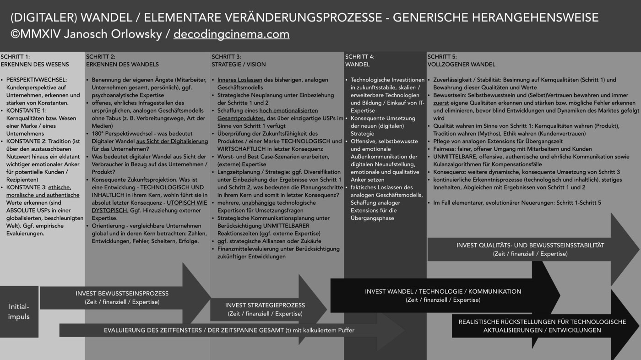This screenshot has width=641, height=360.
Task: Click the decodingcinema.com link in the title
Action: tap(231, 34)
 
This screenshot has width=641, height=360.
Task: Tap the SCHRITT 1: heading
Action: tap(15, 57)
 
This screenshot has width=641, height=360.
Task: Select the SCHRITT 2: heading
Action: tap(101, 57)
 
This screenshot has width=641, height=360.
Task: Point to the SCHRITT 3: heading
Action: tap(226, 57)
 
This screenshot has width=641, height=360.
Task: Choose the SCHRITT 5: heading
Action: tap(442, 57)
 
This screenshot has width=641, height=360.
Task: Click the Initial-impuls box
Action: tap(19, 311)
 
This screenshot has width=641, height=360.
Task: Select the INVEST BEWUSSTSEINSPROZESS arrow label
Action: tap(122, 294)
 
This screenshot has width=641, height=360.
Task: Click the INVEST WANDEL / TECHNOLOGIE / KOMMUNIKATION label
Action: tap(443, 291)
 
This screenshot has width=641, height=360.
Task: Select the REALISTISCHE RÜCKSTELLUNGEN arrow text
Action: tap(542, 322)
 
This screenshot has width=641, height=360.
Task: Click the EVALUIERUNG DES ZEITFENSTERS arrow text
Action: tap(229, 330)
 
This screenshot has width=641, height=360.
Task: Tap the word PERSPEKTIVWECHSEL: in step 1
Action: tap(36, 80)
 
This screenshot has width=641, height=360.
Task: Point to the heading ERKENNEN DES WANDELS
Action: tap(122, 65)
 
